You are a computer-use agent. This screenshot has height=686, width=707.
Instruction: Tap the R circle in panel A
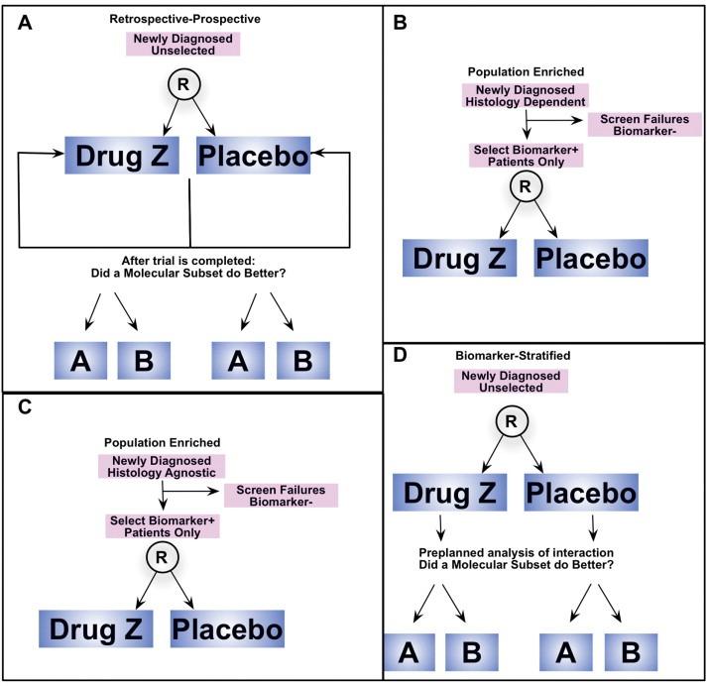coord(181,84)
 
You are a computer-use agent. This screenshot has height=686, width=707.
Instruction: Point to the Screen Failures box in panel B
coord(645,123)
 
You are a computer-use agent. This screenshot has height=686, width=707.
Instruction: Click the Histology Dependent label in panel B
coord(526,100)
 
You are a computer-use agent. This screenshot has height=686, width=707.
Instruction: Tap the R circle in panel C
coord(162,558)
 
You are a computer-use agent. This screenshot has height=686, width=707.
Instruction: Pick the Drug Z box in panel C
coord(97,629)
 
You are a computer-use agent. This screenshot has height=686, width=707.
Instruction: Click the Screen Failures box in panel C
coord(282,495)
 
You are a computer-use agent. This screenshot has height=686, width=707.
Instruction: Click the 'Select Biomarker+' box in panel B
coord(526,157)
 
